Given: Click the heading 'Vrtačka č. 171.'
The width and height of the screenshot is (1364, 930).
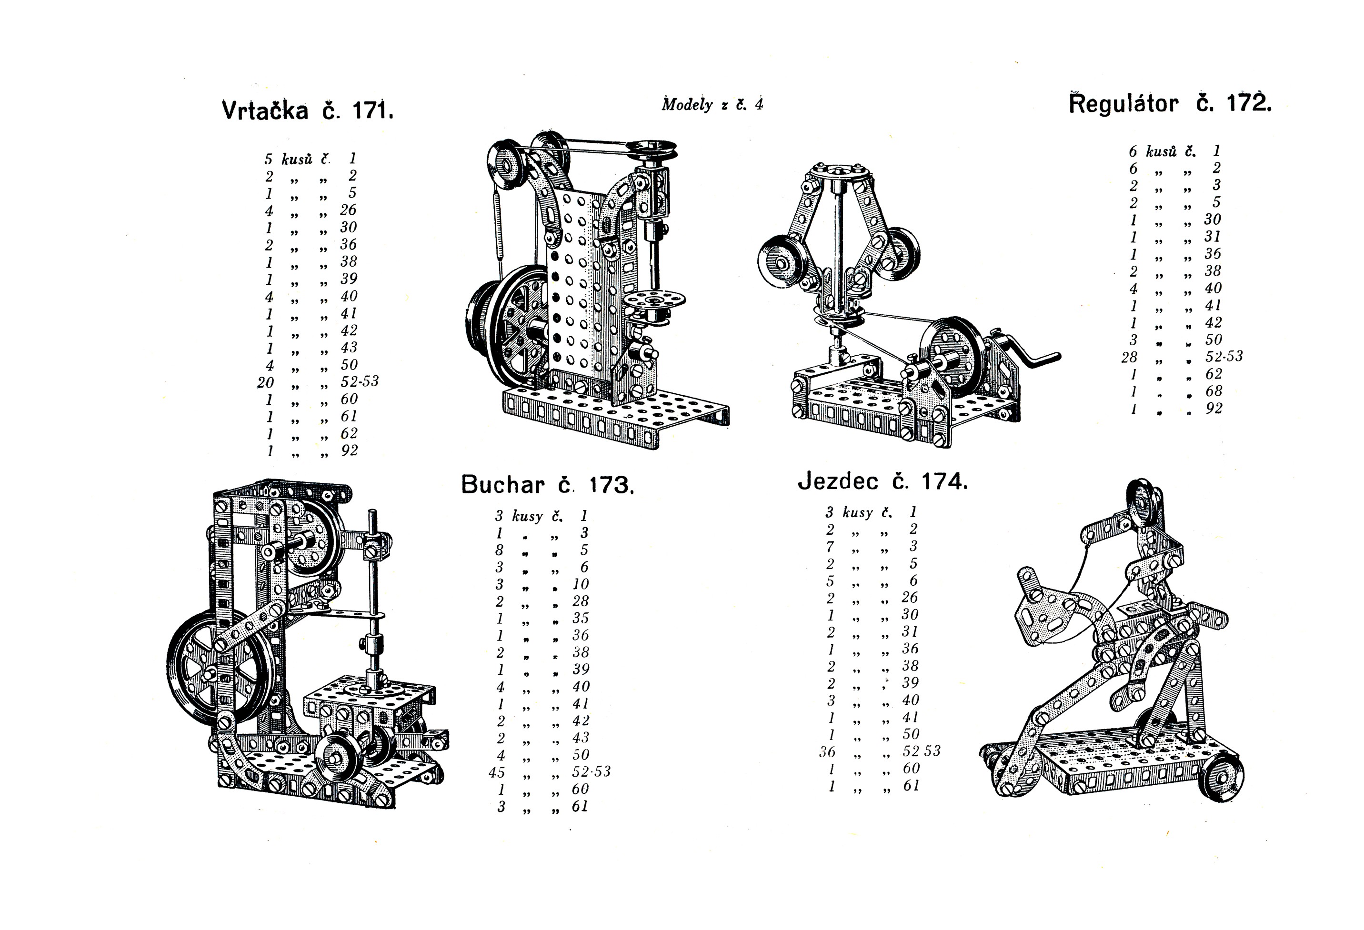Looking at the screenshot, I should click(308, 110).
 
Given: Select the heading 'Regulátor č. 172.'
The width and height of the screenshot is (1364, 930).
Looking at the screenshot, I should click(1170, 104).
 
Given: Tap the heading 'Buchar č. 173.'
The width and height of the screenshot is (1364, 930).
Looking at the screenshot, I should click(547, 485).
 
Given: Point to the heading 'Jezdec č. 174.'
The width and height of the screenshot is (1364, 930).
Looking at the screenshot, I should click(882, 482).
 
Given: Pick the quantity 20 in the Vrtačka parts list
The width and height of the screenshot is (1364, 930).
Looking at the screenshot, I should click(266, 382).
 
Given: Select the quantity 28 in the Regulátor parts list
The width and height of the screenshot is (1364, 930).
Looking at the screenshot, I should click(1129, 357).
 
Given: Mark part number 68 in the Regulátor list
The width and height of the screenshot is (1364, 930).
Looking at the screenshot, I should click(1214, 391).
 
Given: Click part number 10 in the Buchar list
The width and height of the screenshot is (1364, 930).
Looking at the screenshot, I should click(581, 584).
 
